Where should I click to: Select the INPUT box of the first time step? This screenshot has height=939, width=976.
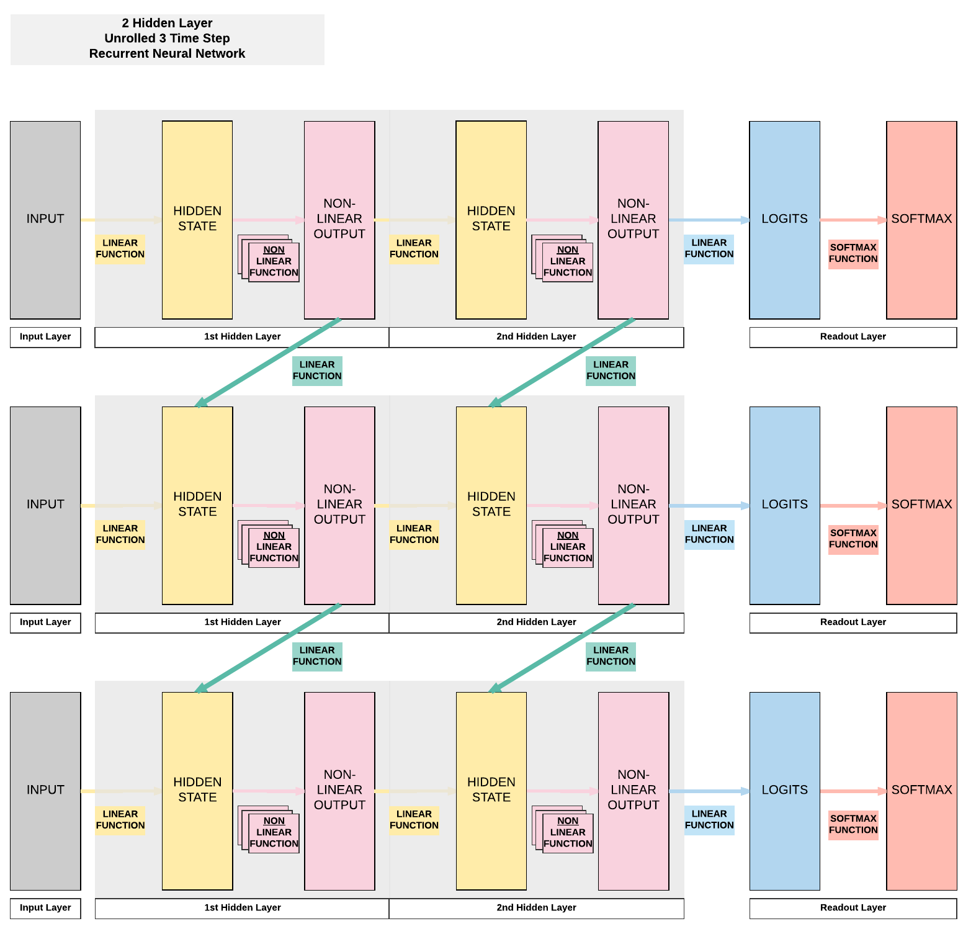pyautogui.click(x=45, y=220)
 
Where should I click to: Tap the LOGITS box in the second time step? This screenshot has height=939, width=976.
pyautogui.click(x=784, y=505)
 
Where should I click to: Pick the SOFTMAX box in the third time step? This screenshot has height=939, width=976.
pyautogui.click(x=921, y=791)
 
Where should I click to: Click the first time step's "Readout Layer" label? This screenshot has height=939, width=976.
pyautogui.click(x=853, y=337)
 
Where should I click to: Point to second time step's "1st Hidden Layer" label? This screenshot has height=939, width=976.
pyautogui.click(x=242, y=622)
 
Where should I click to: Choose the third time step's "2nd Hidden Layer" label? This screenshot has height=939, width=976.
pyautogui.click(x=536, y=908)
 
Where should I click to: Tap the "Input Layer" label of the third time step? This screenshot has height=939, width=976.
pyautogui.click(x=45, y=908)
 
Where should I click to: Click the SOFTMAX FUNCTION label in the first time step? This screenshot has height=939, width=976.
pyautogui.click(x=853, y=253)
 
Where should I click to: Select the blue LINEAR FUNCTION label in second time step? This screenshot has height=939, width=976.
pyautogui.click(x=709, y=534)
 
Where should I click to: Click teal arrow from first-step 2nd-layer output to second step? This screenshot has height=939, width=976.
pyautogui.click(x=562, y=362)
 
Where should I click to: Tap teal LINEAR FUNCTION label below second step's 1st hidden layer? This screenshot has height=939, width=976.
pyautogui.click(x=317, y=656)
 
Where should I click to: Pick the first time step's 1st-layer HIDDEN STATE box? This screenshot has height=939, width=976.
pyautogui.click(x=197, y=220)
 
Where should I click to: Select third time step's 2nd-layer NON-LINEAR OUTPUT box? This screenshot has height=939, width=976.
pyautogui.click(x=633, y=791)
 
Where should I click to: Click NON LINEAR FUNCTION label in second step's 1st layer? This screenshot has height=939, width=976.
pyautogui.click(x=274, y=547)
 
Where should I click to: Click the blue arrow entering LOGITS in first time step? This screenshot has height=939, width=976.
pyautogui.click(x=709, y=220)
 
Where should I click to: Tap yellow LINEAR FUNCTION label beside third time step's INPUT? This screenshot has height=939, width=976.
pyautogui.click(x=120, y=820)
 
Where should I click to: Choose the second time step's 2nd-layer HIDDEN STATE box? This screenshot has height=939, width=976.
pyautogui.click(x=491, y=505)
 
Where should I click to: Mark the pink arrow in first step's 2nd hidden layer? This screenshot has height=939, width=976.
pyautogui.click(x=562, y=220)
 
